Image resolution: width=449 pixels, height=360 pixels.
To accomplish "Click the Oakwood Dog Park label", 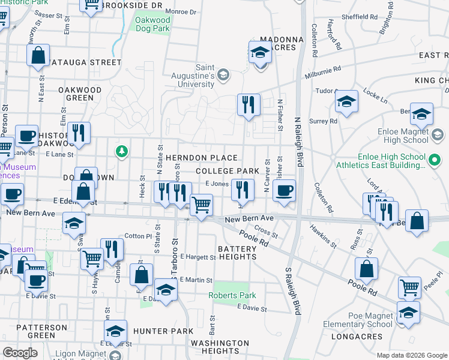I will coord(152,24).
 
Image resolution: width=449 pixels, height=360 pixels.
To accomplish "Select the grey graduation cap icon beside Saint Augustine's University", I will coord(223,75).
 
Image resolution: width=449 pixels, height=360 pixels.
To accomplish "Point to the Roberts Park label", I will coord(232,295).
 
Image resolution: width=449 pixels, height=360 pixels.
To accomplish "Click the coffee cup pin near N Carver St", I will coord(284,191).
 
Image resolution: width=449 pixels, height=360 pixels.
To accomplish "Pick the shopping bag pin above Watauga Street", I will coord(38,55).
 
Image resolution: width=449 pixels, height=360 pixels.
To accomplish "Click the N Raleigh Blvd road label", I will coord(297,137).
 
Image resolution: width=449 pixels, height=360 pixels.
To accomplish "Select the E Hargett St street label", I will coord(197,257).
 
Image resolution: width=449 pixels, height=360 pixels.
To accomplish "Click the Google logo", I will coord(20,353).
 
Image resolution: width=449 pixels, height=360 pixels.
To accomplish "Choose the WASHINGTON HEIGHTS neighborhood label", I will coord(220,347).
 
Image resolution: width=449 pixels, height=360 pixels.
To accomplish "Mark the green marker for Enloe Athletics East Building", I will coord(434,161).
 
